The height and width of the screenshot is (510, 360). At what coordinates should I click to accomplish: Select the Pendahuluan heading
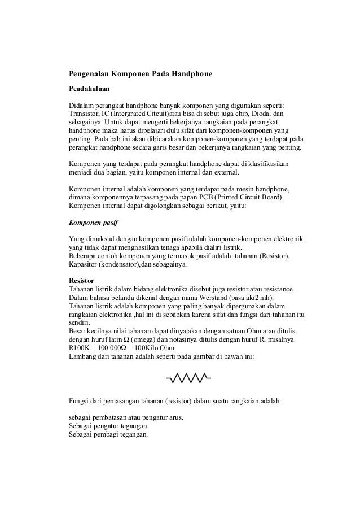(89, 89)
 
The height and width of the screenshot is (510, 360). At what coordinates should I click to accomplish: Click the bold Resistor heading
(81, 281)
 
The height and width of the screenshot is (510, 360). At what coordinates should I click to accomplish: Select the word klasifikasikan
(266, 164)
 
